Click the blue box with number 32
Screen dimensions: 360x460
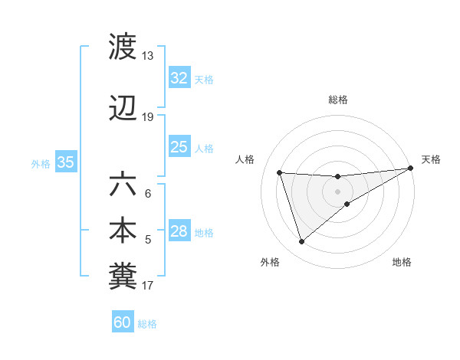tap(179, 77)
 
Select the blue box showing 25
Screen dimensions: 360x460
tap(179, 147)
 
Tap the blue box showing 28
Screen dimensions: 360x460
tap(179, 231)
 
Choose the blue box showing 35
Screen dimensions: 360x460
tap(65, 162)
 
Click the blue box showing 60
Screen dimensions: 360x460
tap(122, 322)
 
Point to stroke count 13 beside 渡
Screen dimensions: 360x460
tap(147, 56)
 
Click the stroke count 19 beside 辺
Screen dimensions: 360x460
tap(147, 117)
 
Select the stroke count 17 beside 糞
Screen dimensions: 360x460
tap(147, 286)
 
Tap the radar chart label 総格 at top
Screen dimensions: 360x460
tap(338, 100)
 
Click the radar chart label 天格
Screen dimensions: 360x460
tap(431, 159)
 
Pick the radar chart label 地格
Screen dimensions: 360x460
tap(402, 262)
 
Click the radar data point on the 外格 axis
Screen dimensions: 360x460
tap(301, 241)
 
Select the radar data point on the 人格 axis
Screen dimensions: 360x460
tap(280, 173)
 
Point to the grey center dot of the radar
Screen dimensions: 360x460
tap(338, 191)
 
